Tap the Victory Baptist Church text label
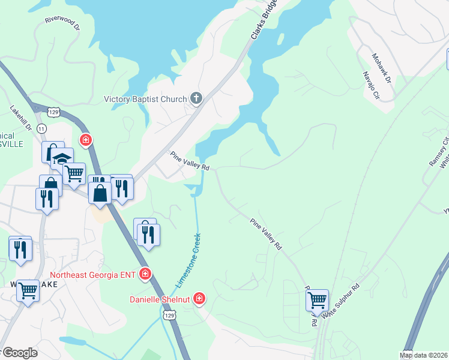point(146,99)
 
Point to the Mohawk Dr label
point(381,68)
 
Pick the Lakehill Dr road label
point(20,118)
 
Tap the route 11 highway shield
point(41,129)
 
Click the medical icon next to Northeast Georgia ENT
point(145,274)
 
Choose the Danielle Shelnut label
point(160,299)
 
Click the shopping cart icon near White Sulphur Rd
point(317,298)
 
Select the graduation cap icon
point(62,158)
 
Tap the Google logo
point(20,353)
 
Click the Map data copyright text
point(424,355)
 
